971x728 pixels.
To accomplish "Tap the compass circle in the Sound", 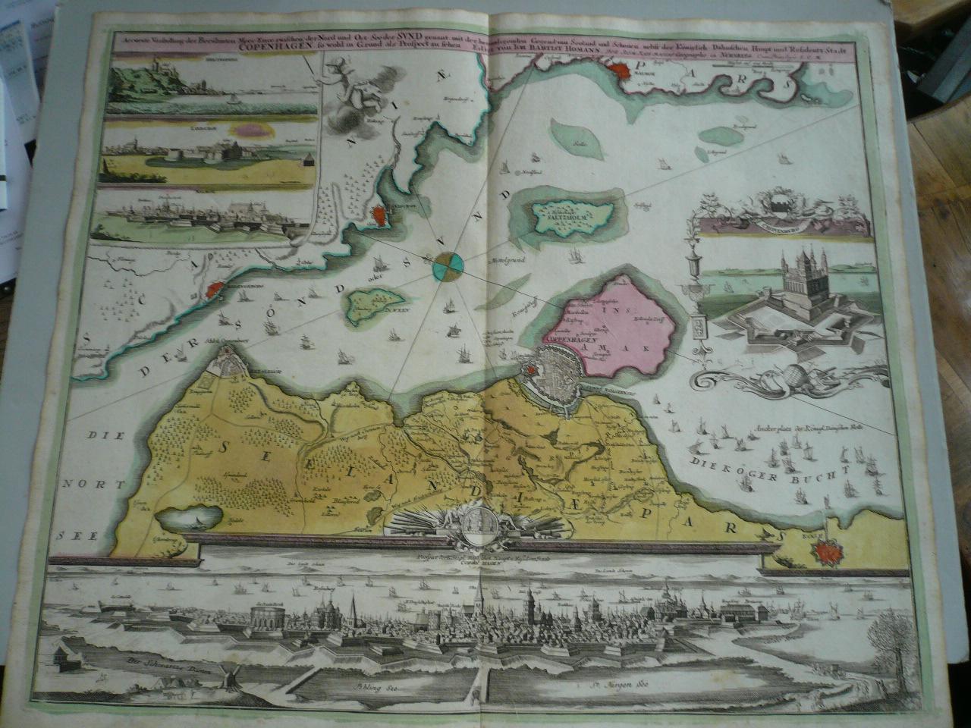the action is [x=448, y=267].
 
